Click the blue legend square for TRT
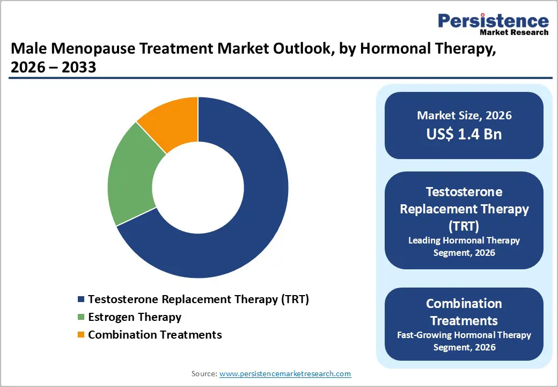[81, 299]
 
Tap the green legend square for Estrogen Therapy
[81, 317]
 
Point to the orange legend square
[81, 335]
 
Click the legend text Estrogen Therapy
[135, 317]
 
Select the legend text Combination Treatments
[155, 335]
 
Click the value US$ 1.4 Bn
[464, 134]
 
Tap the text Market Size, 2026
[464, 116]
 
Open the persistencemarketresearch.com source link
[285, 374]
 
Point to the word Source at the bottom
[204, 374]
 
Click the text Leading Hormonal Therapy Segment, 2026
[464, 246]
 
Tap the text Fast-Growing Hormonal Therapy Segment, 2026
[464, 341]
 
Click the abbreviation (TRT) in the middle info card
[464, 226]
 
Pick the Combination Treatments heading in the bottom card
[464, 312]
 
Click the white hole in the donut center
[198, 188]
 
